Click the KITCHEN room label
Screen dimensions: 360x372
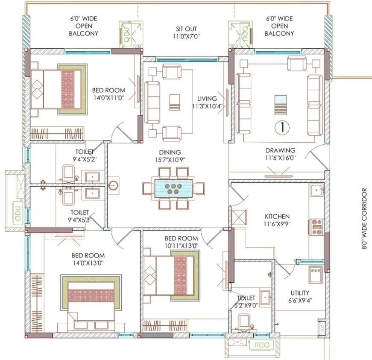(x=277, y=217)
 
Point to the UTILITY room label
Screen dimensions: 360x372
(x=300, y=293)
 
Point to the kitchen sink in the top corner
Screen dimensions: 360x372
(x=316, y=190)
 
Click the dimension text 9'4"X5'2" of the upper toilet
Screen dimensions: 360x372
(x=85, y=160)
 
